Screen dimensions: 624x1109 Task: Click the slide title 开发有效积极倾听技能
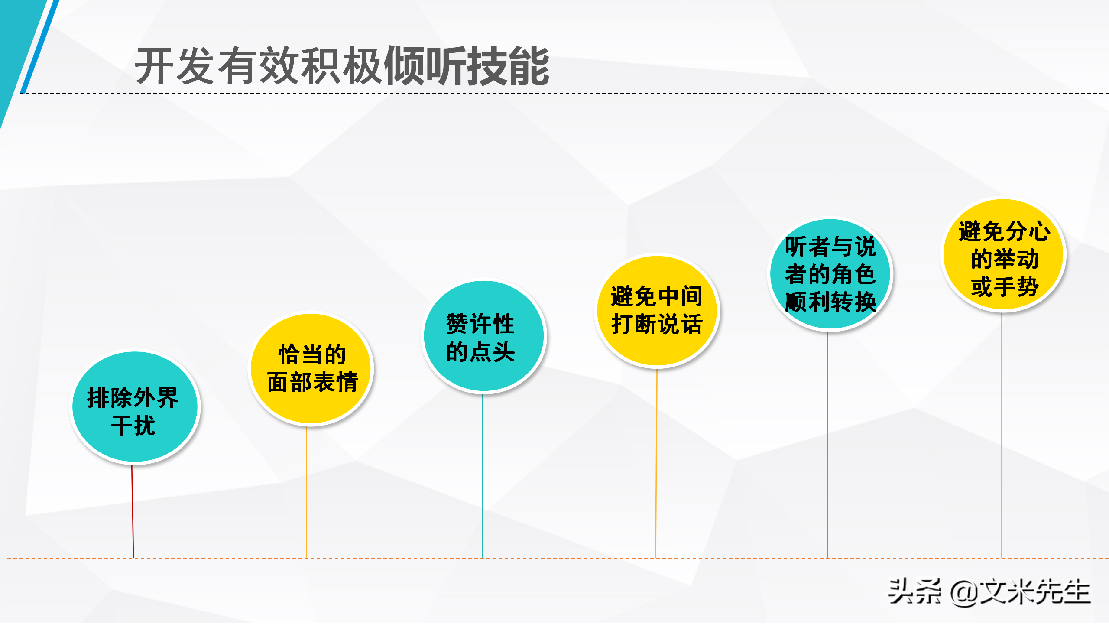pyautogui.click(x=342, y=66)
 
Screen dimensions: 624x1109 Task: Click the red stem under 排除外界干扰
pyautogui.click(x=133, y=511)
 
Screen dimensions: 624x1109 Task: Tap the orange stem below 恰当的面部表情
pyautogui.click(x=306, y=492)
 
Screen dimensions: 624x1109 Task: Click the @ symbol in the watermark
pyautogui.click(x=964, y=593)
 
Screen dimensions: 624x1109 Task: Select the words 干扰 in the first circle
pyautogui.click(x=133, y=425)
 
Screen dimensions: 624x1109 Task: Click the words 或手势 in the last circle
pyautogui.click(x=1005, y=286)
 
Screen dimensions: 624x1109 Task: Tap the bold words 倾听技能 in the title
pyautogui.click(x=467, y=66)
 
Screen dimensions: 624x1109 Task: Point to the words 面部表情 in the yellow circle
pyautogui.click(x=312, y=382)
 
